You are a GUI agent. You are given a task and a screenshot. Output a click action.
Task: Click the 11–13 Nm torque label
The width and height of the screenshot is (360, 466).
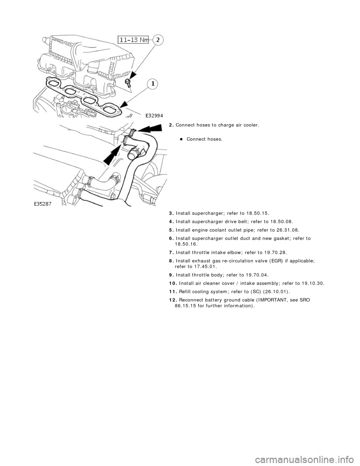(x=133, y=39)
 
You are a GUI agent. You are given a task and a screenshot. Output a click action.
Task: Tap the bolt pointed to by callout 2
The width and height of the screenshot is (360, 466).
(x=128, y=82)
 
